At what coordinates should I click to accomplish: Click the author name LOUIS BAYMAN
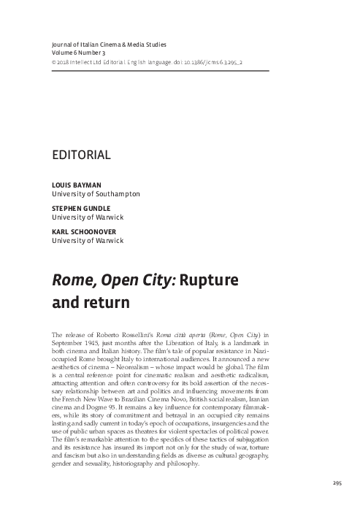(73, 186)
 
